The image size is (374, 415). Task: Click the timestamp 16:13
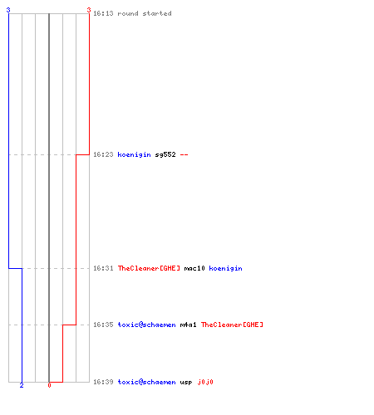(103, 13)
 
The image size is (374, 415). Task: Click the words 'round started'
(145, 13)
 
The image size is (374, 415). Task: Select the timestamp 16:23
(103, 154)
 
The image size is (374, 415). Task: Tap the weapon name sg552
(165, 154)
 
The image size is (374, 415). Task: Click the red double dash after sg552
(185, 154)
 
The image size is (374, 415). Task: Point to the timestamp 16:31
(103, 268)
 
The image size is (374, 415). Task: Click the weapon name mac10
(194, 268)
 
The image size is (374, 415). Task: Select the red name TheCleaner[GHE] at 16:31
(149, 268)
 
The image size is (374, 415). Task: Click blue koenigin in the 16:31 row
(226, 268)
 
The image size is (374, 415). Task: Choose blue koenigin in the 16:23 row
(135, 154)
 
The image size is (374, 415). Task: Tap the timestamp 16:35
(103, 325)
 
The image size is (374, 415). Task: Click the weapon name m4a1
(189, 325)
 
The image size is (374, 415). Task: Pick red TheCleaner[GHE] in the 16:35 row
(232, 325)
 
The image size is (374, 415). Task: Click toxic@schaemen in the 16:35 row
(147, 325)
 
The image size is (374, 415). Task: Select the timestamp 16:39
(103, 382)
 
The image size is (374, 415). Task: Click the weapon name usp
(186, 383)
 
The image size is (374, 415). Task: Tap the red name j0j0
(205, 383)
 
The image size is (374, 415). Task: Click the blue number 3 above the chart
(8, 10)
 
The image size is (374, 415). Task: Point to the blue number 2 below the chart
(22, 385)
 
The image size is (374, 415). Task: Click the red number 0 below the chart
(49, 385)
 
